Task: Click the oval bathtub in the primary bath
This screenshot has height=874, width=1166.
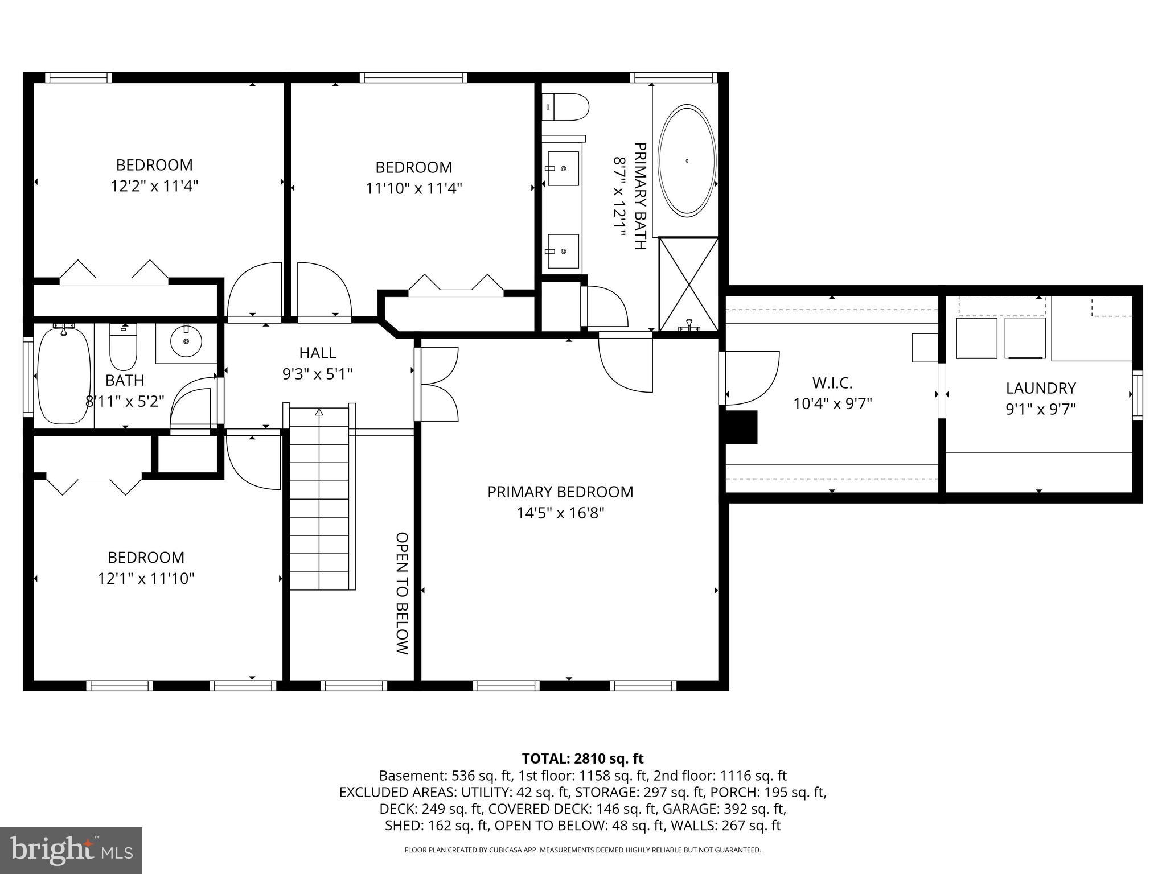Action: [x=687, y=161]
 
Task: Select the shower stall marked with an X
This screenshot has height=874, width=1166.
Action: [x=688, y=285]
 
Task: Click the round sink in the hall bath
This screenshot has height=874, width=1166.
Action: [x=186, y=341]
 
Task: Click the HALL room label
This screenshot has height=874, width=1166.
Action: [x=317, y=353]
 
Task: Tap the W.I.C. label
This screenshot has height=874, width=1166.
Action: [x=832, y=382]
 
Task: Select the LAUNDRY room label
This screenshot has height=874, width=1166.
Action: [x=1040, y=388]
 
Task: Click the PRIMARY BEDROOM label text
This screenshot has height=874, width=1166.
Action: [x=560, y=492]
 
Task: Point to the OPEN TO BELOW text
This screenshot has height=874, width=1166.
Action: [x=402, y=593]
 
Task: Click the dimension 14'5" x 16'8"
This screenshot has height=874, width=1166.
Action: [x=560, y=513]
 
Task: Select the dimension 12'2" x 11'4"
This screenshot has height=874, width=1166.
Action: [x=154, y=186]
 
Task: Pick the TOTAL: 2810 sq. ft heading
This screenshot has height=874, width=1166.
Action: [x=582, y=758]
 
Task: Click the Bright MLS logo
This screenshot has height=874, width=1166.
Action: [x=71, y=850]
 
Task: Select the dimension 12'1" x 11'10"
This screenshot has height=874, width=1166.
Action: [x=146, y=579]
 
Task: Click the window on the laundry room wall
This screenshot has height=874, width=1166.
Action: [x=1137, y=395]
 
